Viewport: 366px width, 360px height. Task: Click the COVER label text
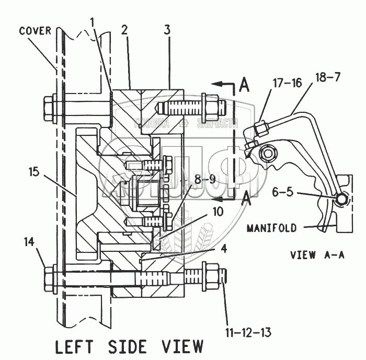pyautogui.click(x=36, y=30)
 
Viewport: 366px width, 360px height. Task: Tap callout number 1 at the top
pyautogui.click(x=92, y=23)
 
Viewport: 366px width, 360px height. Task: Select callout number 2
pyautogui.click(x=125, y=29)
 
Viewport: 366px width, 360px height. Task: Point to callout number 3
pyautogui.click(x=167, y=29)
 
